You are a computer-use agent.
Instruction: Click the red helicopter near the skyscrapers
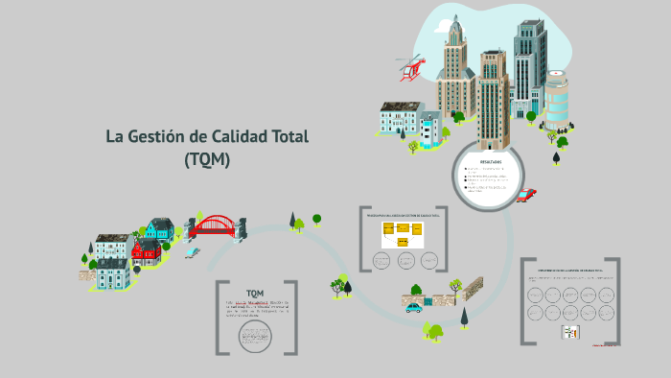click(x=412, y=67)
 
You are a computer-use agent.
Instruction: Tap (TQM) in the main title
click(x=207, y=160)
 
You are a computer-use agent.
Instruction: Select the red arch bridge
click(x=212, y=226)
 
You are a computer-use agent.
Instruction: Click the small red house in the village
click(x=147, y=252)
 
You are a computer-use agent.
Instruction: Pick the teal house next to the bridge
click(x=160, y=228)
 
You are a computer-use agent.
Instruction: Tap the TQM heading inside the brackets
click(x=255, y=292)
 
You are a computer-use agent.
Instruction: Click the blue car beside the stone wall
click(x=414, y=307)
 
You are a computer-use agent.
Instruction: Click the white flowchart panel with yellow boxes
click(x=403, y=235)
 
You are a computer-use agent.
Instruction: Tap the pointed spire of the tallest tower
click(x=455, y=21)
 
